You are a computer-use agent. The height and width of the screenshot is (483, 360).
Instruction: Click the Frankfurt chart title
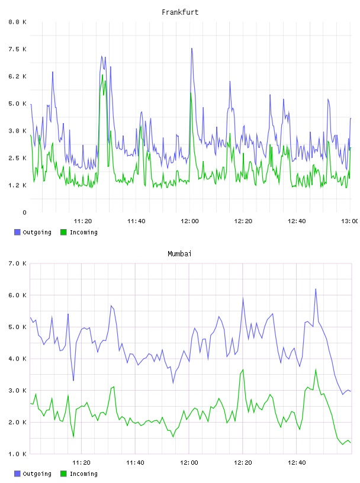(180, 12)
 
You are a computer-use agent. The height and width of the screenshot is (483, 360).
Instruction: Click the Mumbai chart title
(179, 254)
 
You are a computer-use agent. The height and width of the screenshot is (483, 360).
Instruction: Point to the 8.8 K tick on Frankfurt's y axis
(17, 22)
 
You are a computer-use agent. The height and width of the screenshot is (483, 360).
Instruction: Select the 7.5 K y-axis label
(17, 49)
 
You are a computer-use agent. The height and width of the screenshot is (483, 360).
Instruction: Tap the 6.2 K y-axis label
(17, 76)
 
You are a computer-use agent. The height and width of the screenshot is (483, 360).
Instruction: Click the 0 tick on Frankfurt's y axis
(24, 212)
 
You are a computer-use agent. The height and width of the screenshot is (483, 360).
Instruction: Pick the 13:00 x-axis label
(350, 221)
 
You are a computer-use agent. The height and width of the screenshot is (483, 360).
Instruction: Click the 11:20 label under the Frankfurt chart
(83, 221)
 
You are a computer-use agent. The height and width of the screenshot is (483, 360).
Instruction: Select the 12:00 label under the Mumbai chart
(189, 462)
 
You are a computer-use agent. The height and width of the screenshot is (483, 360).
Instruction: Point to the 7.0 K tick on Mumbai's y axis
(17, 263)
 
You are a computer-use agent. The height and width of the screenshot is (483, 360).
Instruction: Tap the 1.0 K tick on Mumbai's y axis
(17, 454)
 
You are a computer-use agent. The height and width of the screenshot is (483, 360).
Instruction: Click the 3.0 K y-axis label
(17, 390)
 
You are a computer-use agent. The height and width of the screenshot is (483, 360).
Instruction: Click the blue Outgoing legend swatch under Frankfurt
(17, 232)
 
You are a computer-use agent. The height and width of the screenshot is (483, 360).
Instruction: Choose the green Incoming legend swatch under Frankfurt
(63, 232)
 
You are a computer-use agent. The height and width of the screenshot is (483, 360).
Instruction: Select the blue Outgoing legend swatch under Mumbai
(17, 474)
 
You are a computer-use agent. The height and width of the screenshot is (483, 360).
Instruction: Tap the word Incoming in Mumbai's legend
(83, 474)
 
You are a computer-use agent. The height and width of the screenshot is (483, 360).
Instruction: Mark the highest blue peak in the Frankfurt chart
(192, 49)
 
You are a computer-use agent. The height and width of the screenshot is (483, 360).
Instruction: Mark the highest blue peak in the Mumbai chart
(316, 289)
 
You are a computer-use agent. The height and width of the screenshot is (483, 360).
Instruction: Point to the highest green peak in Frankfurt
(102, 75)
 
